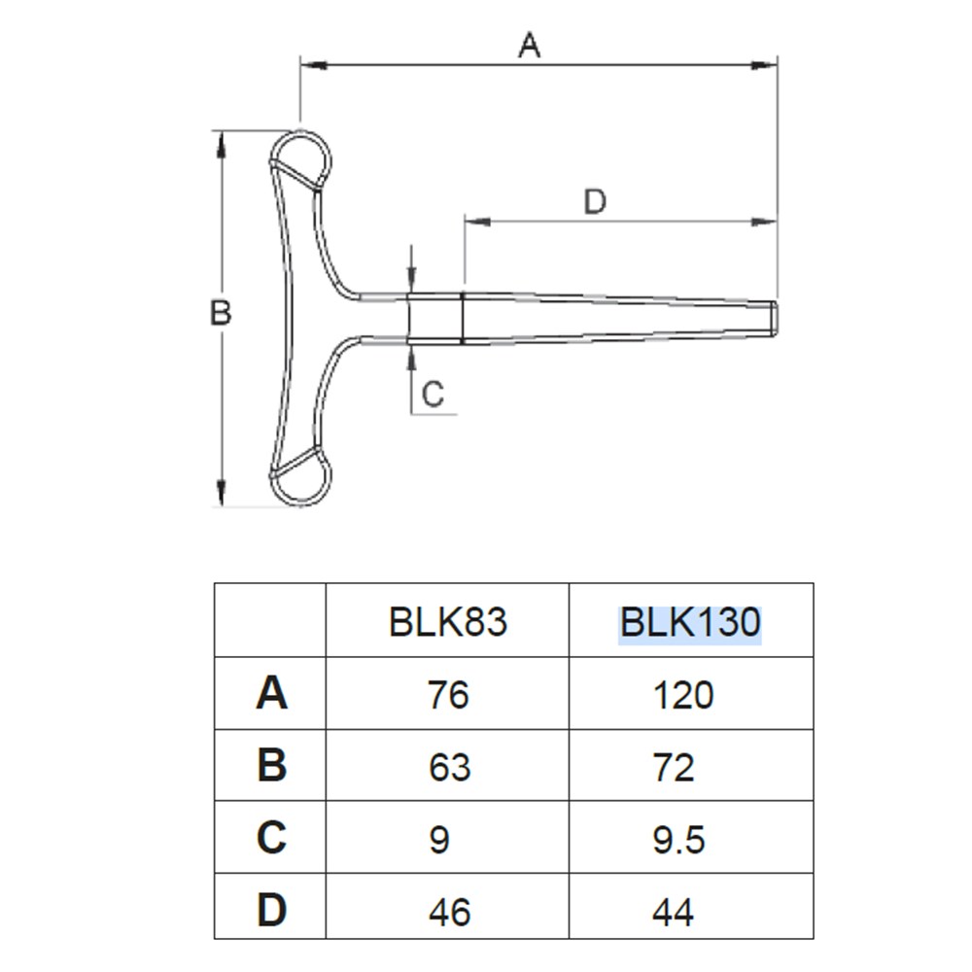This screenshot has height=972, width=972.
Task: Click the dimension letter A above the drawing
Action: pyautogui.click(x=529, y=46)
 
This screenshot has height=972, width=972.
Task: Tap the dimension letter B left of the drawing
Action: pyautogui.click(x=221, y=312)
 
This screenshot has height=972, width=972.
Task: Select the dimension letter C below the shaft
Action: pyautogui.click(x=433, y=394)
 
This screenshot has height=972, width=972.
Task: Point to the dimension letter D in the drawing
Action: pyautogui.click(x=595, y=202)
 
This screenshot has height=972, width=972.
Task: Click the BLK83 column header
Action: pyautogui.click(x=447, y=622)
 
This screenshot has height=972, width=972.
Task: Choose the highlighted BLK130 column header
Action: pyautogui.click(x=690, y=622)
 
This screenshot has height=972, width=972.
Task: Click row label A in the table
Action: pyautogui.click(x=271, y=693)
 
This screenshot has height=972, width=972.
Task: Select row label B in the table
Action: pyautogui.click(x=271, y=765)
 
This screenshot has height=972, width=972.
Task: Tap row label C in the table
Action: pyautogui.click(x=271, y=837)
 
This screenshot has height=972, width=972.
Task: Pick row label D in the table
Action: pyautogui.click(x=271, y=910)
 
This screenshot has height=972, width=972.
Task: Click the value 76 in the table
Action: pyautogui.click(x=448, y=695)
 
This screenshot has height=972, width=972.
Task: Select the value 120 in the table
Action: pyautogui.click(x=683, y=695)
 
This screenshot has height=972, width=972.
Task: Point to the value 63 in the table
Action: pyautogui.click(x=449, y=767)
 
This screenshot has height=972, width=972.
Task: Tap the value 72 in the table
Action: pyautogui.click(x=674, y=767)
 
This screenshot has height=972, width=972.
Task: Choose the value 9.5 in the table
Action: pyautogui.click(x=678, y=840)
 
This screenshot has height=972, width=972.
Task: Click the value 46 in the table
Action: pyautogui.click(x=449, y=912)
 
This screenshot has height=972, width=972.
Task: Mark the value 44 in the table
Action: pyautogui.click(x=674, y=912)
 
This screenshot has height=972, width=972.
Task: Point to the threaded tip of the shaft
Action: pyautogui.click(x=773, y=318)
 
